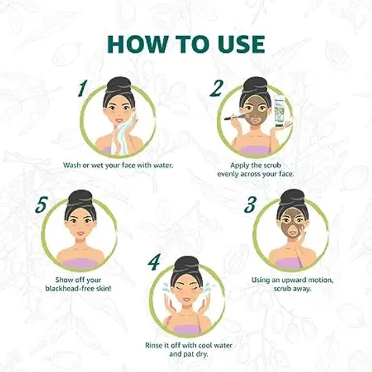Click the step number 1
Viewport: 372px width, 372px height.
(x=83, y=88)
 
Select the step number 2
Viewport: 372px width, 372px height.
(x=216, y=88)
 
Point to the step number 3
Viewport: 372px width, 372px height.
(x=251, y=205)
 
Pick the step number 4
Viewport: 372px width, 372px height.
(x=154, y=262)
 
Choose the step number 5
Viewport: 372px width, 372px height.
(x=41, y=205)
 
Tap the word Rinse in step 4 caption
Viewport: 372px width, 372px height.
(x=154, y=345)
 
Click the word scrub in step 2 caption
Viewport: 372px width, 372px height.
(x=272, y=165)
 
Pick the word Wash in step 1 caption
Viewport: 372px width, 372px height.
(x=71, y=165)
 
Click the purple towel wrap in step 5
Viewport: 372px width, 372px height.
(x=80, y=263)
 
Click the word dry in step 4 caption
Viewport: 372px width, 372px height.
(x=202, y=355)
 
